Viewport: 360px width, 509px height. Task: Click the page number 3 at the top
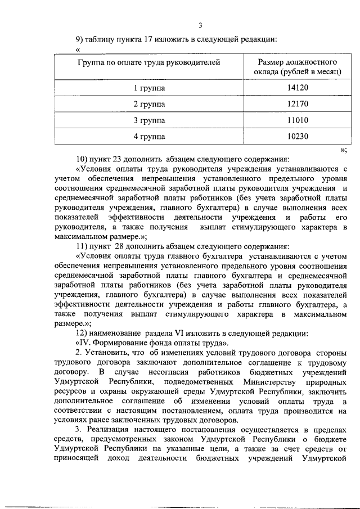point(200,25)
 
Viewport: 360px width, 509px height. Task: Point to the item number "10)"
point(83,157)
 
